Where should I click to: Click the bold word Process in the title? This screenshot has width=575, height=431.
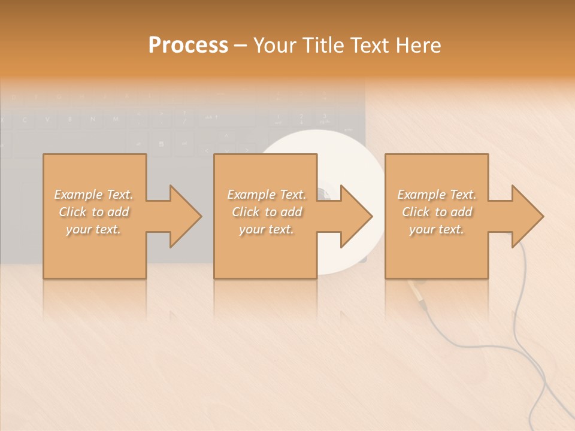[x=188, y=45]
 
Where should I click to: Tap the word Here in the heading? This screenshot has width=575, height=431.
[x=417, y=45]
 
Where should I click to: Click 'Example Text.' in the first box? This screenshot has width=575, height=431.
[x=93, y=195]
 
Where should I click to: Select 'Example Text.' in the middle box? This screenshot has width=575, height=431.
[x=267, y=195]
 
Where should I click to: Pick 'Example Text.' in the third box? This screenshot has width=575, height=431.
[x=437, y=195]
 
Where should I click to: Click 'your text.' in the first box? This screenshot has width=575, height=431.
[x=93, y=229]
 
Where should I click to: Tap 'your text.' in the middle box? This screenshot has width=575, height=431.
[x=267, y=229]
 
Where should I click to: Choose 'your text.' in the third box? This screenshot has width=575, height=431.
[x=437, y=229]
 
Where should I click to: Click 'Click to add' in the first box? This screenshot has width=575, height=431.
[x=93, y=212]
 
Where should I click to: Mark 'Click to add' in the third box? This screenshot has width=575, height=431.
[x=437, y=212]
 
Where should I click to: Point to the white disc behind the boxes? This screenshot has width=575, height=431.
[x=353, y=150]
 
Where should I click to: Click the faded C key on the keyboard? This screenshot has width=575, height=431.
[x=25, y=120]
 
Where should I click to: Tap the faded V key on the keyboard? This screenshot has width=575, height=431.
[x=47, y=120]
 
